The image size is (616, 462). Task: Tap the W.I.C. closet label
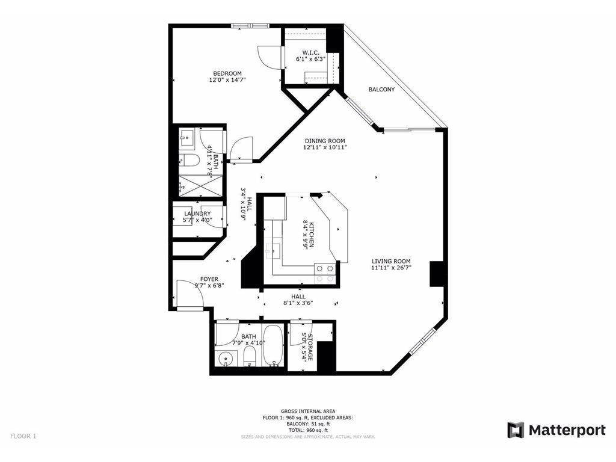pos(309,52)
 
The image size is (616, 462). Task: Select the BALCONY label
pos(381,90)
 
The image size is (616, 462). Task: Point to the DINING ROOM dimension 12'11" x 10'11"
pos(324,147)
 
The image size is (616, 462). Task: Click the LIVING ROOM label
pos(391,261)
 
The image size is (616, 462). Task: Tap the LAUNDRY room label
pos(197,214)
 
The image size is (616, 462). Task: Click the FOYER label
pos(209,279)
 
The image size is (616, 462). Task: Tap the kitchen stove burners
pos(325,274)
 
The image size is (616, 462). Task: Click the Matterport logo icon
pos(516,430)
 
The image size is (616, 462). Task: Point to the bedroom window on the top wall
pos(250,25)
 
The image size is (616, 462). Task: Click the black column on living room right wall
pos(436,274)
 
